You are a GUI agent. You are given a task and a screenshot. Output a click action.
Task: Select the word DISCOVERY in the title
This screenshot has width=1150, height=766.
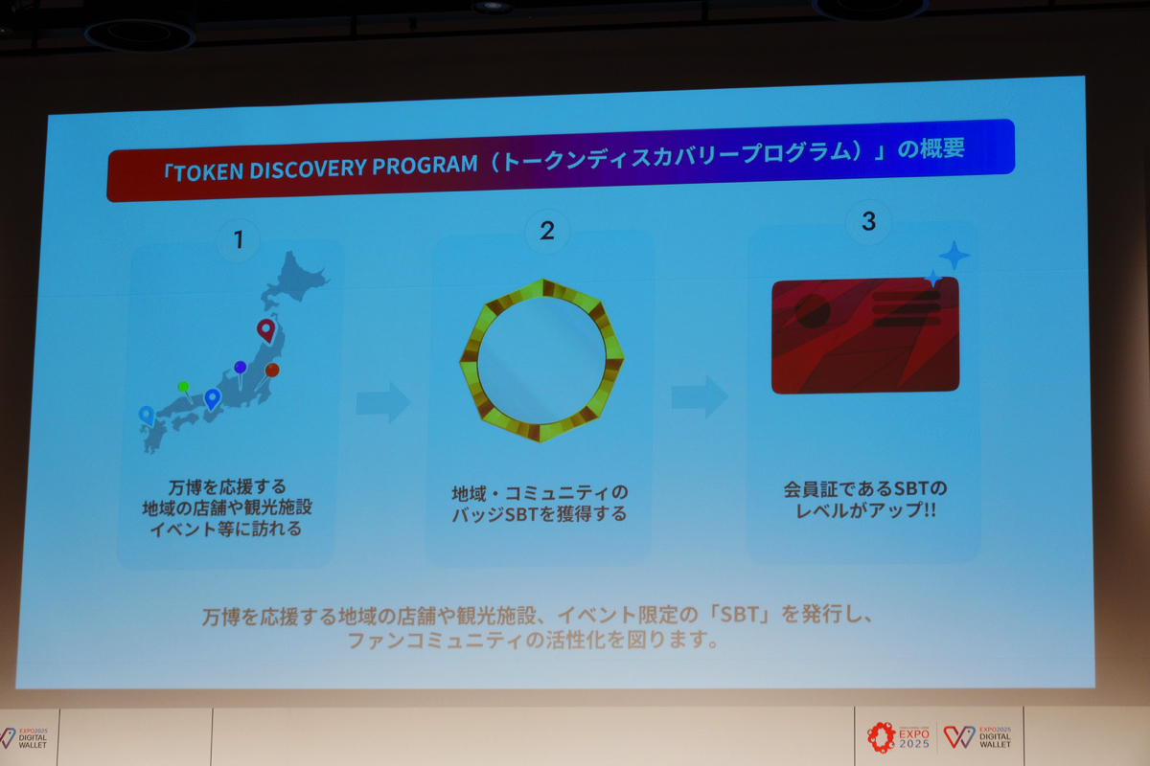[308, 169]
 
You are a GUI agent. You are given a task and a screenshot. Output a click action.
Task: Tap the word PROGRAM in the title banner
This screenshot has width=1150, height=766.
[425, 165]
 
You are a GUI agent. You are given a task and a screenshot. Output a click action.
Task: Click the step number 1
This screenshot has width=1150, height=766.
[239, 239]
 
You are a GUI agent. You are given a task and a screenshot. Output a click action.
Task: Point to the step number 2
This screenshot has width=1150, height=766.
[547, 231]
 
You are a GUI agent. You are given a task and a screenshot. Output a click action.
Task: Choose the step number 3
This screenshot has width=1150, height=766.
[868, 221]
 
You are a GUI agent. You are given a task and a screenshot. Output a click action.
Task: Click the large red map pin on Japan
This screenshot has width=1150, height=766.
[266, 330]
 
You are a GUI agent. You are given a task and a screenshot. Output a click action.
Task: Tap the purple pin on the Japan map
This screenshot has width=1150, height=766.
[241, 372]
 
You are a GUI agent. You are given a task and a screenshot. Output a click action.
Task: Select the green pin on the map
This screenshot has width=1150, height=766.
[185, 391]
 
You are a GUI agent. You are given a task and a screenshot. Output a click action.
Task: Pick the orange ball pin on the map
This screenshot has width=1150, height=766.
[270, 372]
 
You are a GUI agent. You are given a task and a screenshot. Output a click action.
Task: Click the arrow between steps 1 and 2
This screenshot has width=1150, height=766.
[383, 402]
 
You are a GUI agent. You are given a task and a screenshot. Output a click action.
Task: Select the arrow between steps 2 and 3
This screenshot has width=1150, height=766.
[700, 396]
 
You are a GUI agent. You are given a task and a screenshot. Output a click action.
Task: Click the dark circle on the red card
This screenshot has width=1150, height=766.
[813, 311]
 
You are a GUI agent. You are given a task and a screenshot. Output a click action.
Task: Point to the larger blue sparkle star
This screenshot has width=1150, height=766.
[954, 255]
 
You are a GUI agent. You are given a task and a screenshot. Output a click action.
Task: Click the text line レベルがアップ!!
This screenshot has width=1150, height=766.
[865, 510]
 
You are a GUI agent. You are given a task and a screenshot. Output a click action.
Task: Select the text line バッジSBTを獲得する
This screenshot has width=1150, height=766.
[539, 513]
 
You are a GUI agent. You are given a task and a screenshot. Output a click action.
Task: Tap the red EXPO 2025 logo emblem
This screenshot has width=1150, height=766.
[881, 737]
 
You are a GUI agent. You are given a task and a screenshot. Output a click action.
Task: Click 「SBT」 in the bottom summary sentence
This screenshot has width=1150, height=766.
[740, 614]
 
